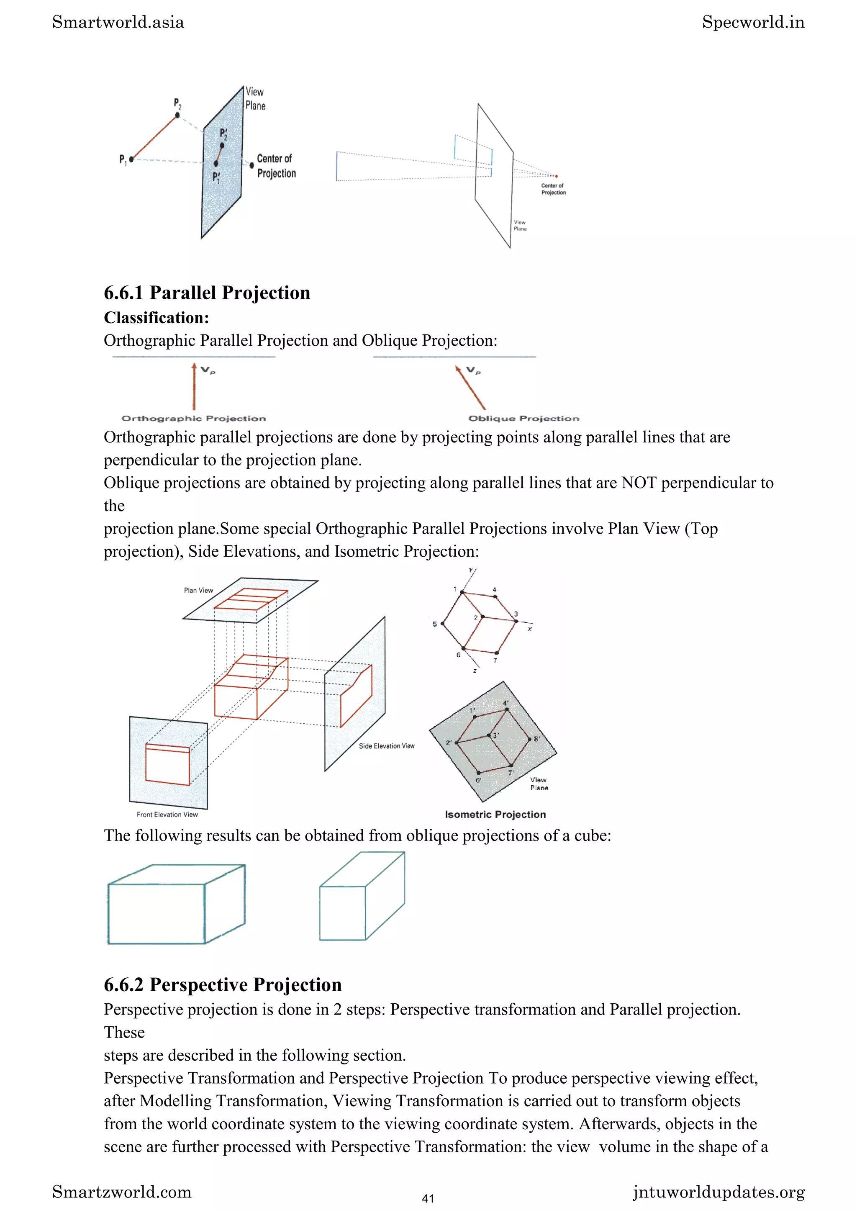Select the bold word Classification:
click(157, 318)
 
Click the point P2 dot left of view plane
click(177, 115)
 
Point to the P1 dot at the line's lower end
click(131, 159)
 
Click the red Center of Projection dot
click(556, 176)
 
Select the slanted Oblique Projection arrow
click(470, 387)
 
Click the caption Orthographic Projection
click(193, 419)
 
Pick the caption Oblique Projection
click(523, 419)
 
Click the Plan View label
click(198, 590)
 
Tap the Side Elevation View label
click(387, 746)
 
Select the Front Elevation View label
click(167, 814)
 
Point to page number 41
click(428, 1199)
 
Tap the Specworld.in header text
click(753, 22)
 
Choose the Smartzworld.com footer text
click(121, 1192)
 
